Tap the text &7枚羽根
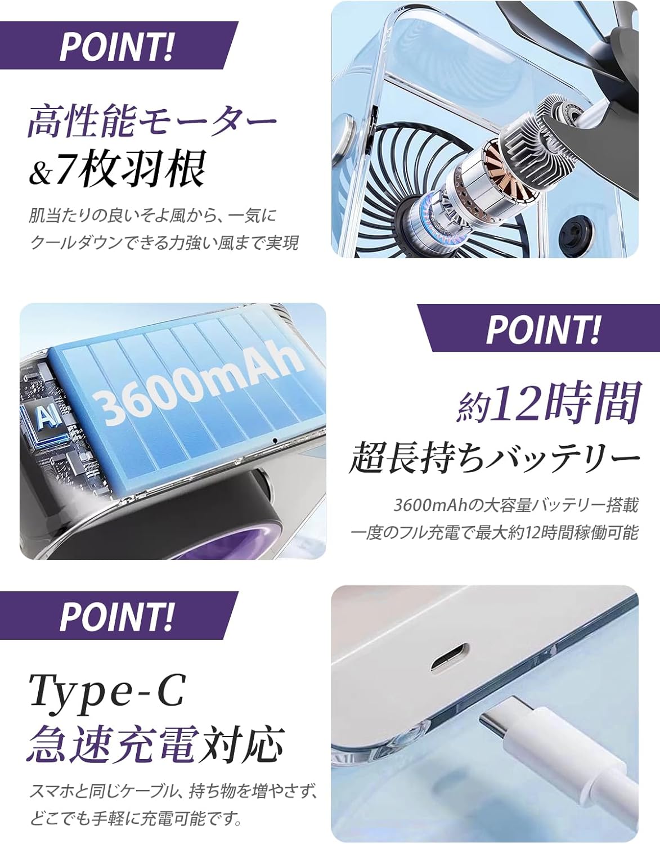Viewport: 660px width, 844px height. point(116,168)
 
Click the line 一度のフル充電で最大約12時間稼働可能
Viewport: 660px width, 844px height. point(495,532)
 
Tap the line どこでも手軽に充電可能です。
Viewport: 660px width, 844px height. point(136,817)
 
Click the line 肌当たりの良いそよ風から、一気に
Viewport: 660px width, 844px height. point(153,216)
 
